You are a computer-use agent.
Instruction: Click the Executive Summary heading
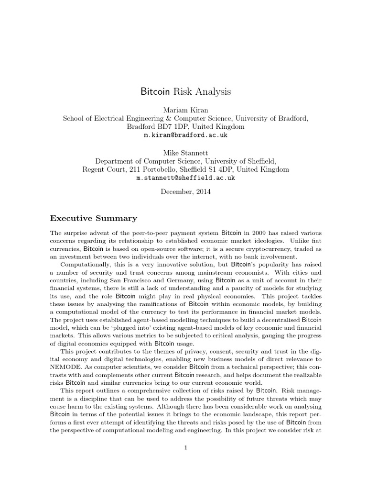94,218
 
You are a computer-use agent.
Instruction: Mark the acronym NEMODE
65,367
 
